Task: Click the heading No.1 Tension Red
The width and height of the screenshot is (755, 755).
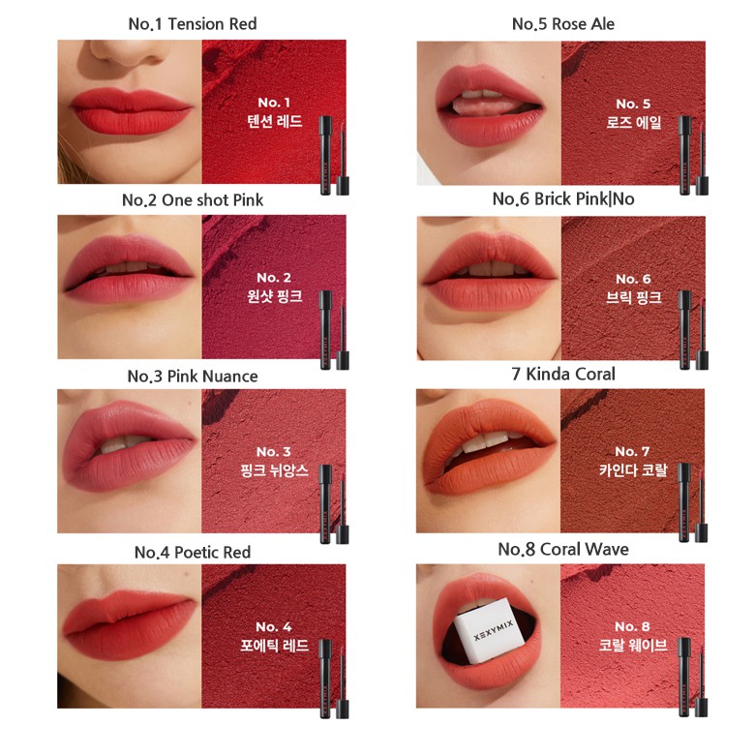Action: pos(193,23)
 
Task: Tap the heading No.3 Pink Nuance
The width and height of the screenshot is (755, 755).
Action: pos(193,376)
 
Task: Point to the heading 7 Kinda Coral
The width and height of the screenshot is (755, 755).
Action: pos(563,374)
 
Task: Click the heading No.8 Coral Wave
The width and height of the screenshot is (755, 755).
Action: pos(563,549)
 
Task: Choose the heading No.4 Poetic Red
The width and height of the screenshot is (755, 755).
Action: pos(193,552)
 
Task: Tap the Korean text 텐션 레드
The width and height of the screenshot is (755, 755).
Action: pos(275,122)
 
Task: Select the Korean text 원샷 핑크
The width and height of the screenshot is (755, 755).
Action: pos(275,296)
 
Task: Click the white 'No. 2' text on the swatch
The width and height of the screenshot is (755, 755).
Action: pos(275,278)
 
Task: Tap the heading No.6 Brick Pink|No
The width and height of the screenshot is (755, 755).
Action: pos(563,198)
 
